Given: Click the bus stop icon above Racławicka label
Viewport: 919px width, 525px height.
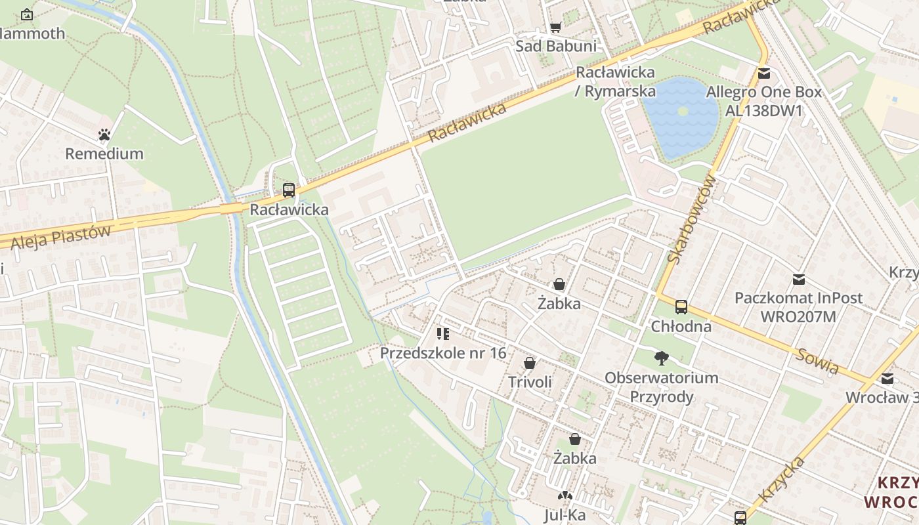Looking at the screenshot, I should (288, 191).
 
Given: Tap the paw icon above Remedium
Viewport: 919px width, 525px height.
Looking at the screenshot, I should (104, 135).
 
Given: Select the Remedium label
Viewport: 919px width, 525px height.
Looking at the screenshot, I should (104, 154).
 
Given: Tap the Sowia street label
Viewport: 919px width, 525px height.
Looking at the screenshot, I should (818, 362).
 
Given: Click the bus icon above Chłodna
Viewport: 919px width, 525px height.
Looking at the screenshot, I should (681, 306).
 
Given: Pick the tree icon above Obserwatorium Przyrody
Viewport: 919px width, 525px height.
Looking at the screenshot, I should (662, 358).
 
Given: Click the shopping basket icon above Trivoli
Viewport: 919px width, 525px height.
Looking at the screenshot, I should (530, 363).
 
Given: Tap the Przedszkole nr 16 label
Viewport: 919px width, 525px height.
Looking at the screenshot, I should (443, 353).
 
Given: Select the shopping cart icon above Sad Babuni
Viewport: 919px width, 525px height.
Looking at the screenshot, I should (556, 27).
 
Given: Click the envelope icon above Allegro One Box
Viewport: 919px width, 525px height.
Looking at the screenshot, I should (763, 73).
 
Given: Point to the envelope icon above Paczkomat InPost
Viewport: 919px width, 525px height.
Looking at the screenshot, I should (798, 280).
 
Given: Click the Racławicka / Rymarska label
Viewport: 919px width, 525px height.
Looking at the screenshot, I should (615, 81).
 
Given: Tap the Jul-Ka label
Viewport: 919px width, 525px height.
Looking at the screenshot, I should (565, 515).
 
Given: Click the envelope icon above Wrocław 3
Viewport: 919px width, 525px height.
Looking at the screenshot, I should (887, 379).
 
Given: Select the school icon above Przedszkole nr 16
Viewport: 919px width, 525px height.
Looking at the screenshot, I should (443, 334).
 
